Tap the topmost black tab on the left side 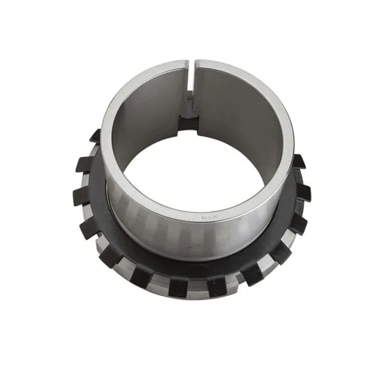95,136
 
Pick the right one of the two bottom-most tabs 217,287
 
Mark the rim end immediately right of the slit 200,65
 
